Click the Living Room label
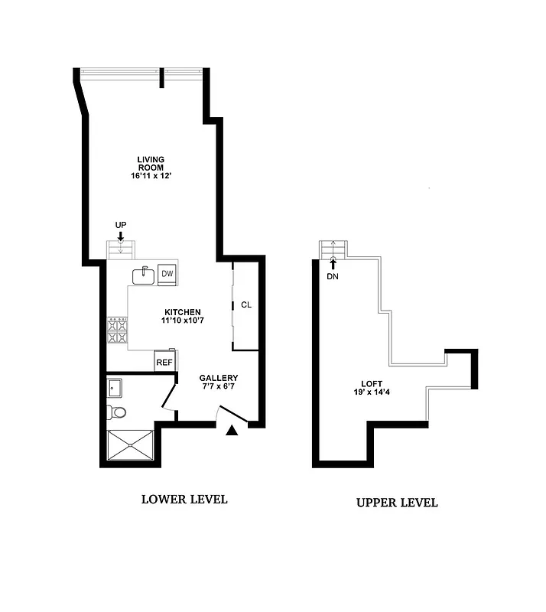pyautogui.click(x=151, y=163)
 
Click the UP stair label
pyautogui.click(x=120, y=225)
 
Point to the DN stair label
pyautogui.click(x=332, y=276)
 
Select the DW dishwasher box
pyautogui.click(x=167, y=274)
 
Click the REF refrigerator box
pyautogui.click(x=164, y=363)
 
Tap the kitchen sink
pyautogui.click(x=144, y=274)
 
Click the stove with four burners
pyautogui.click(x=117, y=331)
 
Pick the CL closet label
pyautogui.click(x=245, y=304)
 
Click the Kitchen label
pyautogui.click(x=182, y=312)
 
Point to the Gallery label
pyautogui.click(x=219, y=378)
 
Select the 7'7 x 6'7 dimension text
pyautogui.click(x=219, y=387)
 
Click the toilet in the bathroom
pyautogui.click(x=117, y=413)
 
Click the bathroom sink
pyautogui.click(x=115, y=387)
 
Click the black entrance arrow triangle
pyautogui.click(x=232, y=432)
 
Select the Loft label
pyautogui.click(x=372, y=384)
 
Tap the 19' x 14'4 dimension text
pyautogui.click(x=372, y=394)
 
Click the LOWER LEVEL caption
pyautogui.click(x=184, y=500)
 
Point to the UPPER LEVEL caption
pyautogui.click(x=397, y=503)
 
